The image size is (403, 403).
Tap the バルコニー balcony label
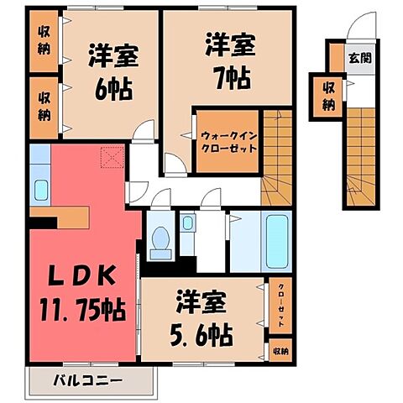[x=91, y=380]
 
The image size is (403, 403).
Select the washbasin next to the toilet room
[x=188, y=224]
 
